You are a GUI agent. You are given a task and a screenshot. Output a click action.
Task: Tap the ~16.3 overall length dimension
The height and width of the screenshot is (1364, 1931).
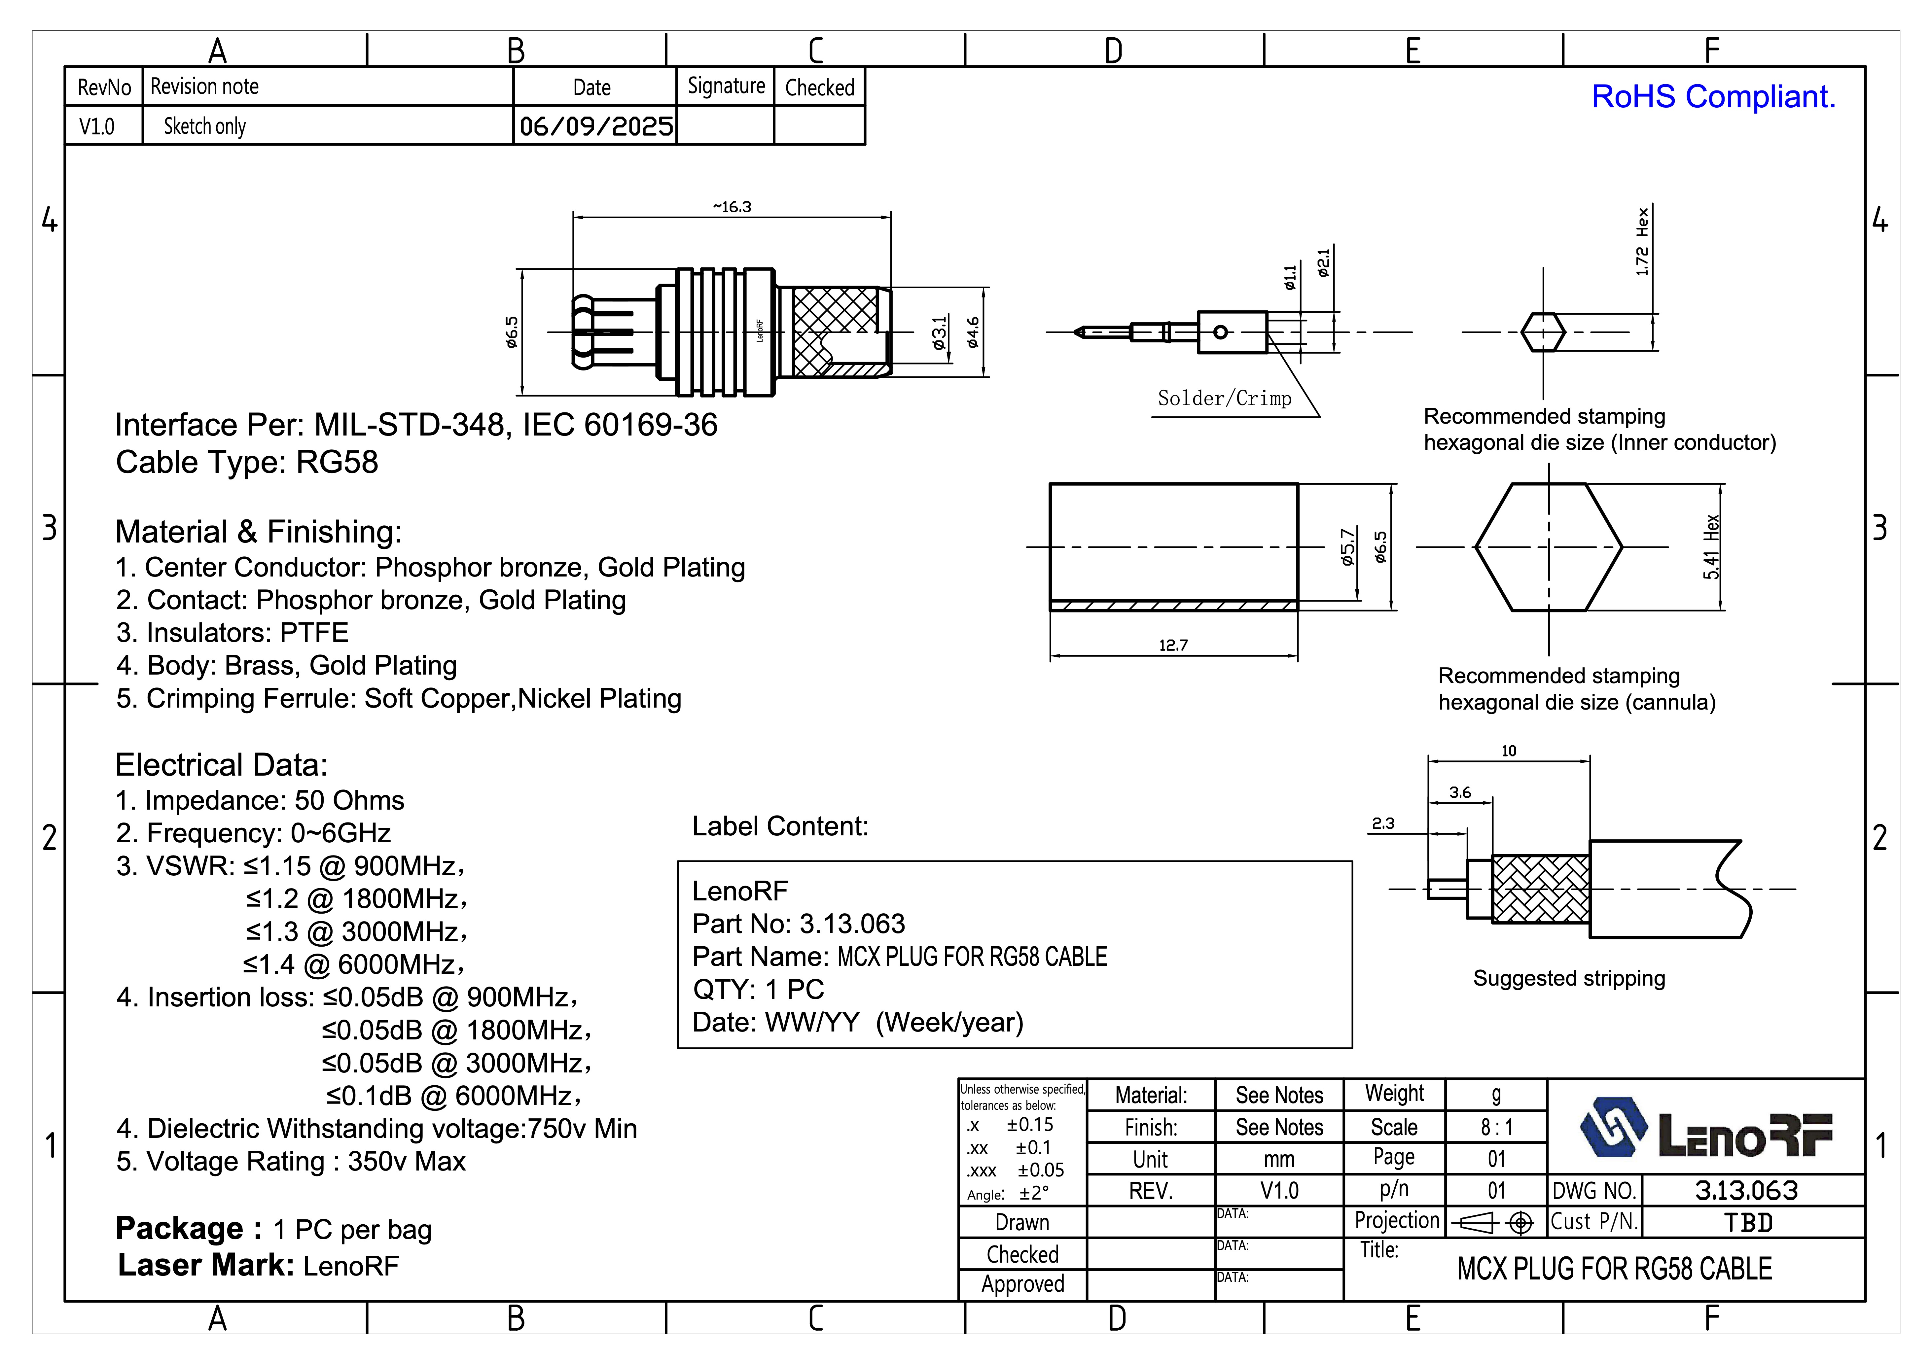pos(732,207)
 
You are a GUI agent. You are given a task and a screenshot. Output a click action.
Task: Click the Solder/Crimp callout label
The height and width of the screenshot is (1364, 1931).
pos(1224,399)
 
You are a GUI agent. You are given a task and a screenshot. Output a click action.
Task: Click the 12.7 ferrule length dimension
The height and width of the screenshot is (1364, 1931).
pos(1173,645)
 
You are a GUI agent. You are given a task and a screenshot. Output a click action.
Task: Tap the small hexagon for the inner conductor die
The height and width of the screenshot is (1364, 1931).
pos(1543,332)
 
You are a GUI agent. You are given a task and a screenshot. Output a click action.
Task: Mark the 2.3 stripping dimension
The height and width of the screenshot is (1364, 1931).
pos(1383,823)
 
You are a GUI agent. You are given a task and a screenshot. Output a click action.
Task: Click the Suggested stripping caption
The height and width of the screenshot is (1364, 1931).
pos(1568,978)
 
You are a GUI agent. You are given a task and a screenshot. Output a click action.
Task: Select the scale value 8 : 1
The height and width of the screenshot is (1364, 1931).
pos(1496,1127)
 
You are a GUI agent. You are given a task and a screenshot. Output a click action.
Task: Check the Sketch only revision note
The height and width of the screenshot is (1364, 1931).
pos(204,126)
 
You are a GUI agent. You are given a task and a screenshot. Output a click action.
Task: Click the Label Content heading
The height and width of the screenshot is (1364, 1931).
pos(780,827)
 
